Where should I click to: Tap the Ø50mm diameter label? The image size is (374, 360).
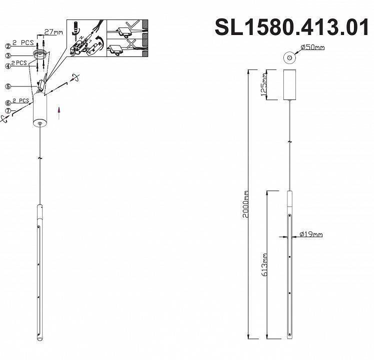[x=312, y=47]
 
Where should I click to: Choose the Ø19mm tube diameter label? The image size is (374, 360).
[x=310, y=234]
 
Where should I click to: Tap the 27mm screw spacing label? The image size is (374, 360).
[x=54, y=32]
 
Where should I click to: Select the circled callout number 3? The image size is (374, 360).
[x=8, y=54]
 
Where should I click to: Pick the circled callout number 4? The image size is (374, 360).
[x=8, y=65]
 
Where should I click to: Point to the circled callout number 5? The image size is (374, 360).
[x=8, y=86]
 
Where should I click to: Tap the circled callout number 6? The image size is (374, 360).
[x=8, y=103]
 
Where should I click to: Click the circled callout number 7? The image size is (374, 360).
[x=8, y=110]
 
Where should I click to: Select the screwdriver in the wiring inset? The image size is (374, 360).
[x=77, y=28]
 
